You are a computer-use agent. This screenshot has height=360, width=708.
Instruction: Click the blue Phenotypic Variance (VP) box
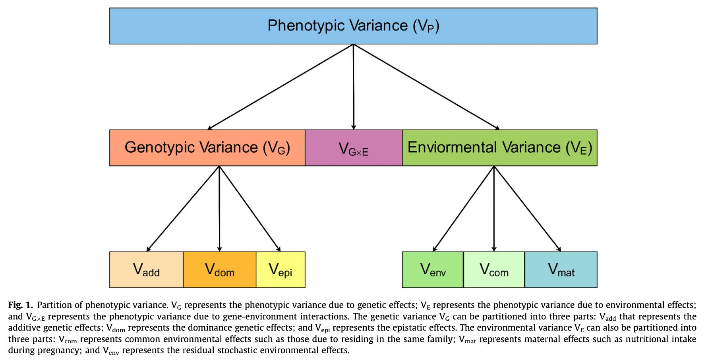(353, 26)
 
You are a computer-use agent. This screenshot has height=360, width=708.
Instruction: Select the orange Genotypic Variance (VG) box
(207, 147)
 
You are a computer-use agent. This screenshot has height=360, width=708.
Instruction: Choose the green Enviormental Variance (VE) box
(499, 147)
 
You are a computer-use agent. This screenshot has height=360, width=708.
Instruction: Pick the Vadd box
(146, 269)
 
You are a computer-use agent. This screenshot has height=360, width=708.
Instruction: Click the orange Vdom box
(219, 269)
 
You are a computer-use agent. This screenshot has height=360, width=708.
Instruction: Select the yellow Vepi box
(280, 269)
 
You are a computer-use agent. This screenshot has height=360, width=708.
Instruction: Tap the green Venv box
(433, 269)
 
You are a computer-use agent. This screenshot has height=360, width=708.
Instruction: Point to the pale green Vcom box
(494, 269)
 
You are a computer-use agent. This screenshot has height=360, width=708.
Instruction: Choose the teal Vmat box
(561, 269)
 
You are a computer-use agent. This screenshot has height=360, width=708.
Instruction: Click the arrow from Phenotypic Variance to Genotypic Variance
(280, 87)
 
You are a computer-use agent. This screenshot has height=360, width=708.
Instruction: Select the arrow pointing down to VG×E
(354, 87)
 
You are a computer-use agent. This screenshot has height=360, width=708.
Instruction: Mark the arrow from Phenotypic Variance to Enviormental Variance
(426, 87)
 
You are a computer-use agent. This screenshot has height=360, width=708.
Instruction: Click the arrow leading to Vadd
(183, 209)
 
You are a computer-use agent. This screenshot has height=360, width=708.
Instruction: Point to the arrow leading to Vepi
(250, 209)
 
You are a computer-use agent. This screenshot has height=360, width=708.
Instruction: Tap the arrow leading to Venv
(463, 209)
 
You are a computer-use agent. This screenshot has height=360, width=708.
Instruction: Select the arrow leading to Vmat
(527, 209)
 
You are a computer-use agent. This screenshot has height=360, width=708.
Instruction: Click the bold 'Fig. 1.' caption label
(20, 305)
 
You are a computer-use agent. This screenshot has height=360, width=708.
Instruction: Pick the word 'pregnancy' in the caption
(59, 350)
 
